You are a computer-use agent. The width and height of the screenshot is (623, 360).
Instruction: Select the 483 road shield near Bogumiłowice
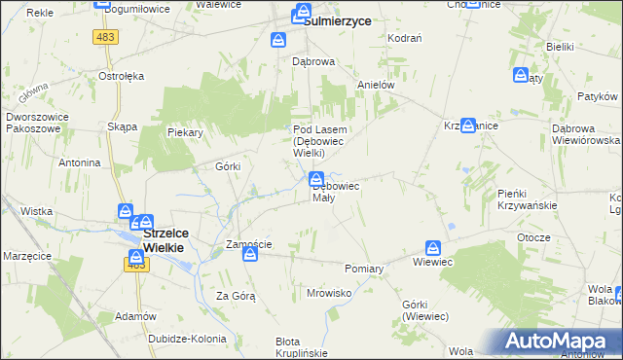104,36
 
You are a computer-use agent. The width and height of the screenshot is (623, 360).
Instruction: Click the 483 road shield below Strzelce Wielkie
135,265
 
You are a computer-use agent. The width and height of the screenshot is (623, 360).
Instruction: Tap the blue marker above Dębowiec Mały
316,179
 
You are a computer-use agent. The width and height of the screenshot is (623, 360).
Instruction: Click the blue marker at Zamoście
250,255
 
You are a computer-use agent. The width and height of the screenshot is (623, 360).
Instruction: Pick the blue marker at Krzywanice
468,126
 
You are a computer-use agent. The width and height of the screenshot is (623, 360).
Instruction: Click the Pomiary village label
365,268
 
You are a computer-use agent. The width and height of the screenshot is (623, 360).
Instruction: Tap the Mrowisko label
328,292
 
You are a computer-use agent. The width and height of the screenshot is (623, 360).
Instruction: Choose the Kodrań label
404,37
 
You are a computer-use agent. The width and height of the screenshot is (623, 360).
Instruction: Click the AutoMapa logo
563,342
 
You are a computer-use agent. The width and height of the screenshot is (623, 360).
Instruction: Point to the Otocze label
534,237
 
